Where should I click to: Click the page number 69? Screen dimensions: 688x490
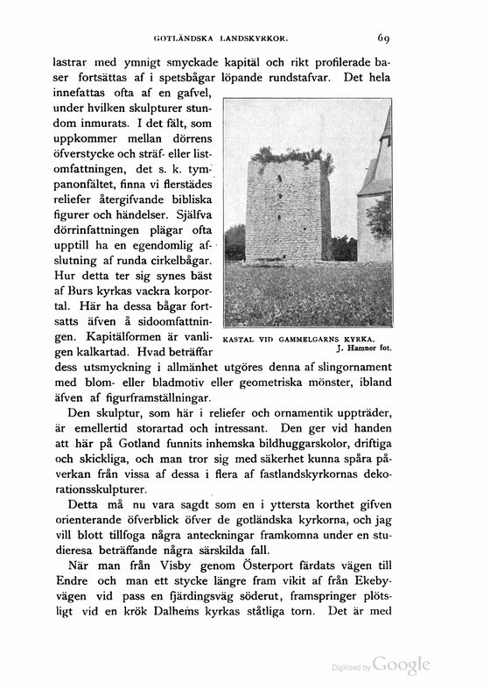(x=385, y=38)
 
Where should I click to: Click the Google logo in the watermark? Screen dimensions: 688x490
(x=402, y=664)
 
